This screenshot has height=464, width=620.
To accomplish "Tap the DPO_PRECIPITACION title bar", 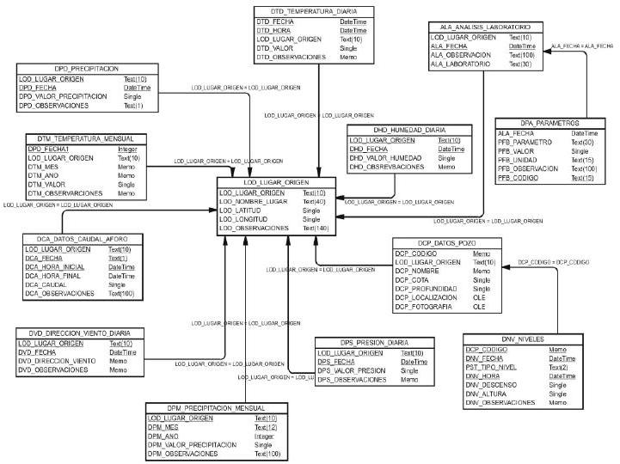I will coord(69,67).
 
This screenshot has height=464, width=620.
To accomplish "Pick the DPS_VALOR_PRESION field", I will coord(351,370).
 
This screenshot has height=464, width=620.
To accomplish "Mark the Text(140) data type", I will coord(316,229).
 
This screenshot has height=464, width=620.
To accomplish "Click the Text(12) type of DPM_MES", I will coord(267,427).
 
